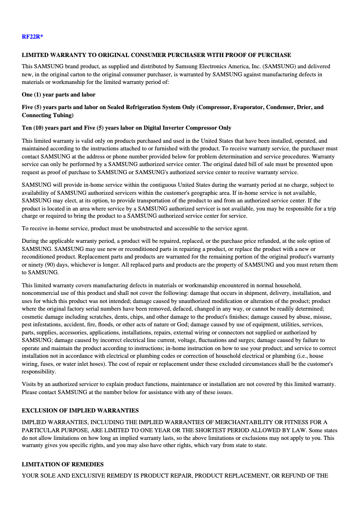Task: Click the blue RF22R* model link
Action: pos(32,36)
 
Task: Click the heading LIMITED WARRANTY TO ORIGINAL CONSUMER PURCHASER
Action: pos(156,55)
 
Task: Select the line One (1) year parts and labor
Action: pos(58,95)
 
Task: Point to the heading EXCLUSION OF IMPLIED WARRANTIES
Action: pos(80,411)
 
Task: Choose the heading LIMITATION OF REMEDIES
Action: pos(62,465)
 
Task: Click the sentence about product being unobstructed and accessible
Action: pos(135,228)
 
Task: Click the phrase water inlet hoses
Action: pos(79,364)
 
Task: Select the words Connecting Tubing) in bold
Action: pos(48,115)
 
